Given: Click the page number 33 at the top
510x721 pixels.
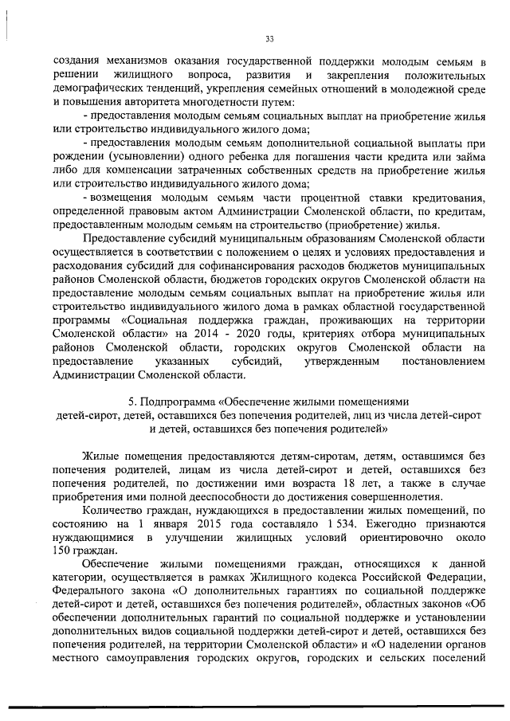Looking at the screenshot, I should tap(269, 38).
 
